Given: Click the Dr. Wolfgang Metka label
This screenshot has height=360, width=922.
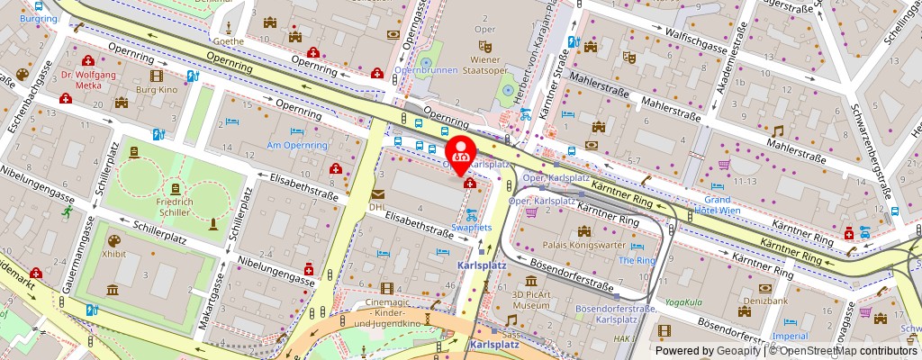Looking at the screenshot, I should point(89,84).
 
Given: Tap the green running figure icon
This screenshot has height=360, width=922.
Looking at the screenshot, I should point(68,211).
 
